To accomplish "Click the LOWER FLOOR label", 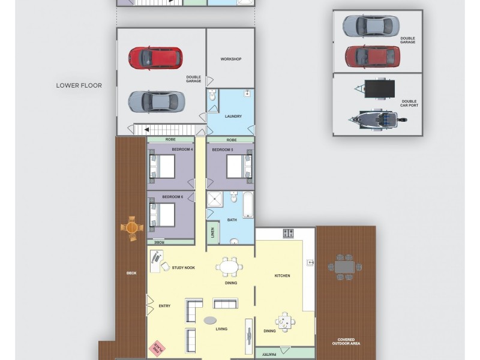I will pos(79,85).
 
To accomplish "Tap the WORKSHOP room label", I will pos(230,59).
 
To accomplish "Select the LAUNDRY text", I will pos(233,116).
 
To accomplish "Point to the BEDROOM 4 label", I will pos(182,149).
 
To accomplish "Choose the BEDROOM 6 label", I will pos(173,197).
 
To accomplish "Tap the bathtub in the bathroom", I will pos(249,205).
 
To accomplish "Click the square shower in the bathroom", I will pos(214,199).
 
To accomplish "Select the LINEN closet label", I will pos(212,233).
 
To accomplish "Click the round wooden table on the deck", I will pos(132,228).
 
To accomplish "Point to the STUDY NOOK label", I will pos(182,268).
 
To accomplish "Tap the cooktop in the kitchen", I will pos(288,233).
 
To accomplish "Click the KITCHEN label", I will pos(282,276).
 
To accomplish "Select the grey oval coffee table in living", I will pos(211,320).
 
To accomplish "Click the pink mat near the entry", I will pos(158,347).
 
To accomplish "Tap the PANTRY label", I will pos(268,354).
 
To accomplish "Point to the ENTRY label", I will pos(164,306).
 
